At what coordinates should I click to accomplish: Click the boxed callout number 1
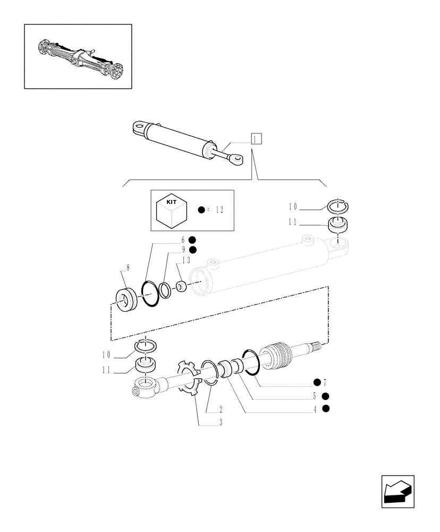257,139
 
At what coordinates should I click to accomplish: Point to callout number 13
186,260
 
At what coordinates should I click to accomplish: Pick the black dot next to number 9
192,250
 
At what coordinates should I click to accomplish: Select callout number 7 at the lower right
325,382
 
